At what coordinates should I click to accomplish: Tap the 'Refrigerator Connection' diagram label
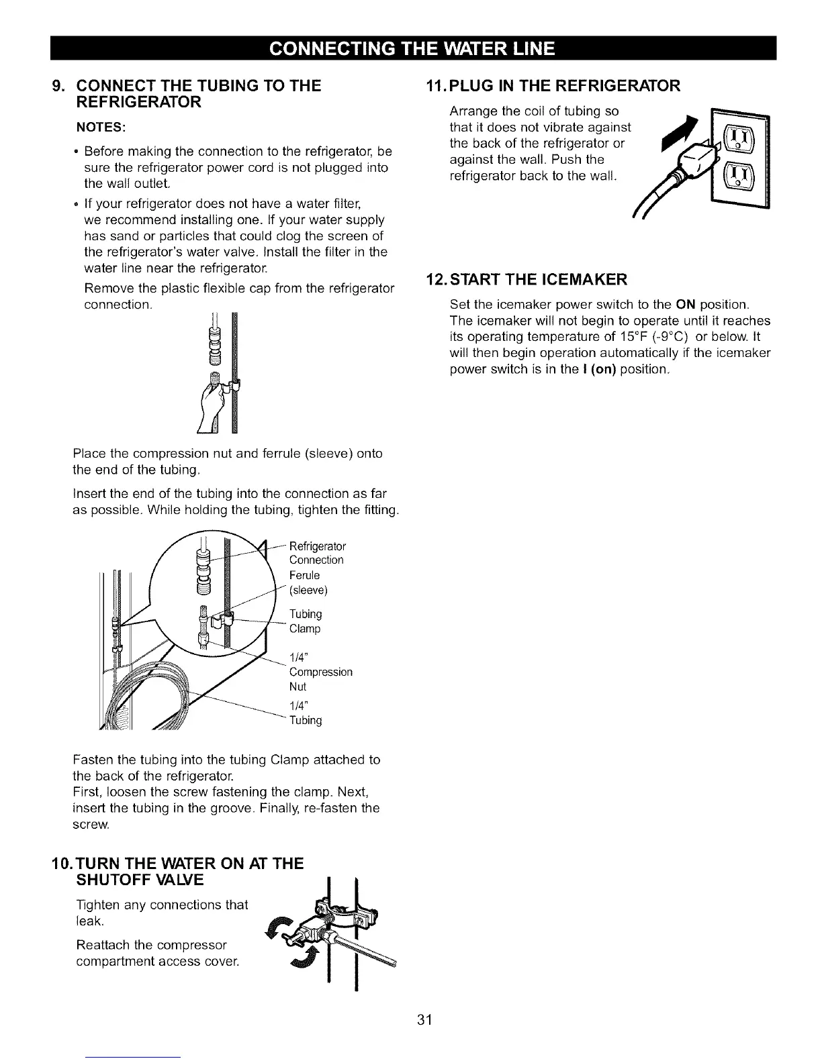[316, 552]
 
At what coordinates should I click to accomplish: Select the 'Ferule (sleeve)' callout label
[308, 583]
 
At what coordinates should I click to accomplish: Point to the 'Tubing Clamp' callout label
[306, 621]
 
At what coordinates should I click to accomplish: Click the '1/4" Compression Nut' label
[320, 671]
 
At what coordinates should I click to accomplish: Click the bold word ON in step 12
[686, 304]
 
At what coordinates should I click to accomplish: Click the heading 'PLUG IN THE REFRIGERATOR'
[564, 85]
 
